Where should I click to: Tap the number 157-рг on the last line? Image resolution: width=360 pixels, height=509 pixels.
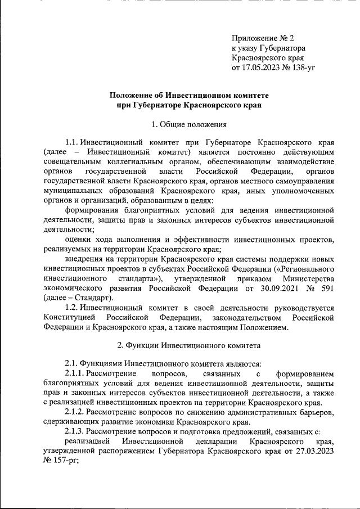pyautogui.click(x=64, y=461)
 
